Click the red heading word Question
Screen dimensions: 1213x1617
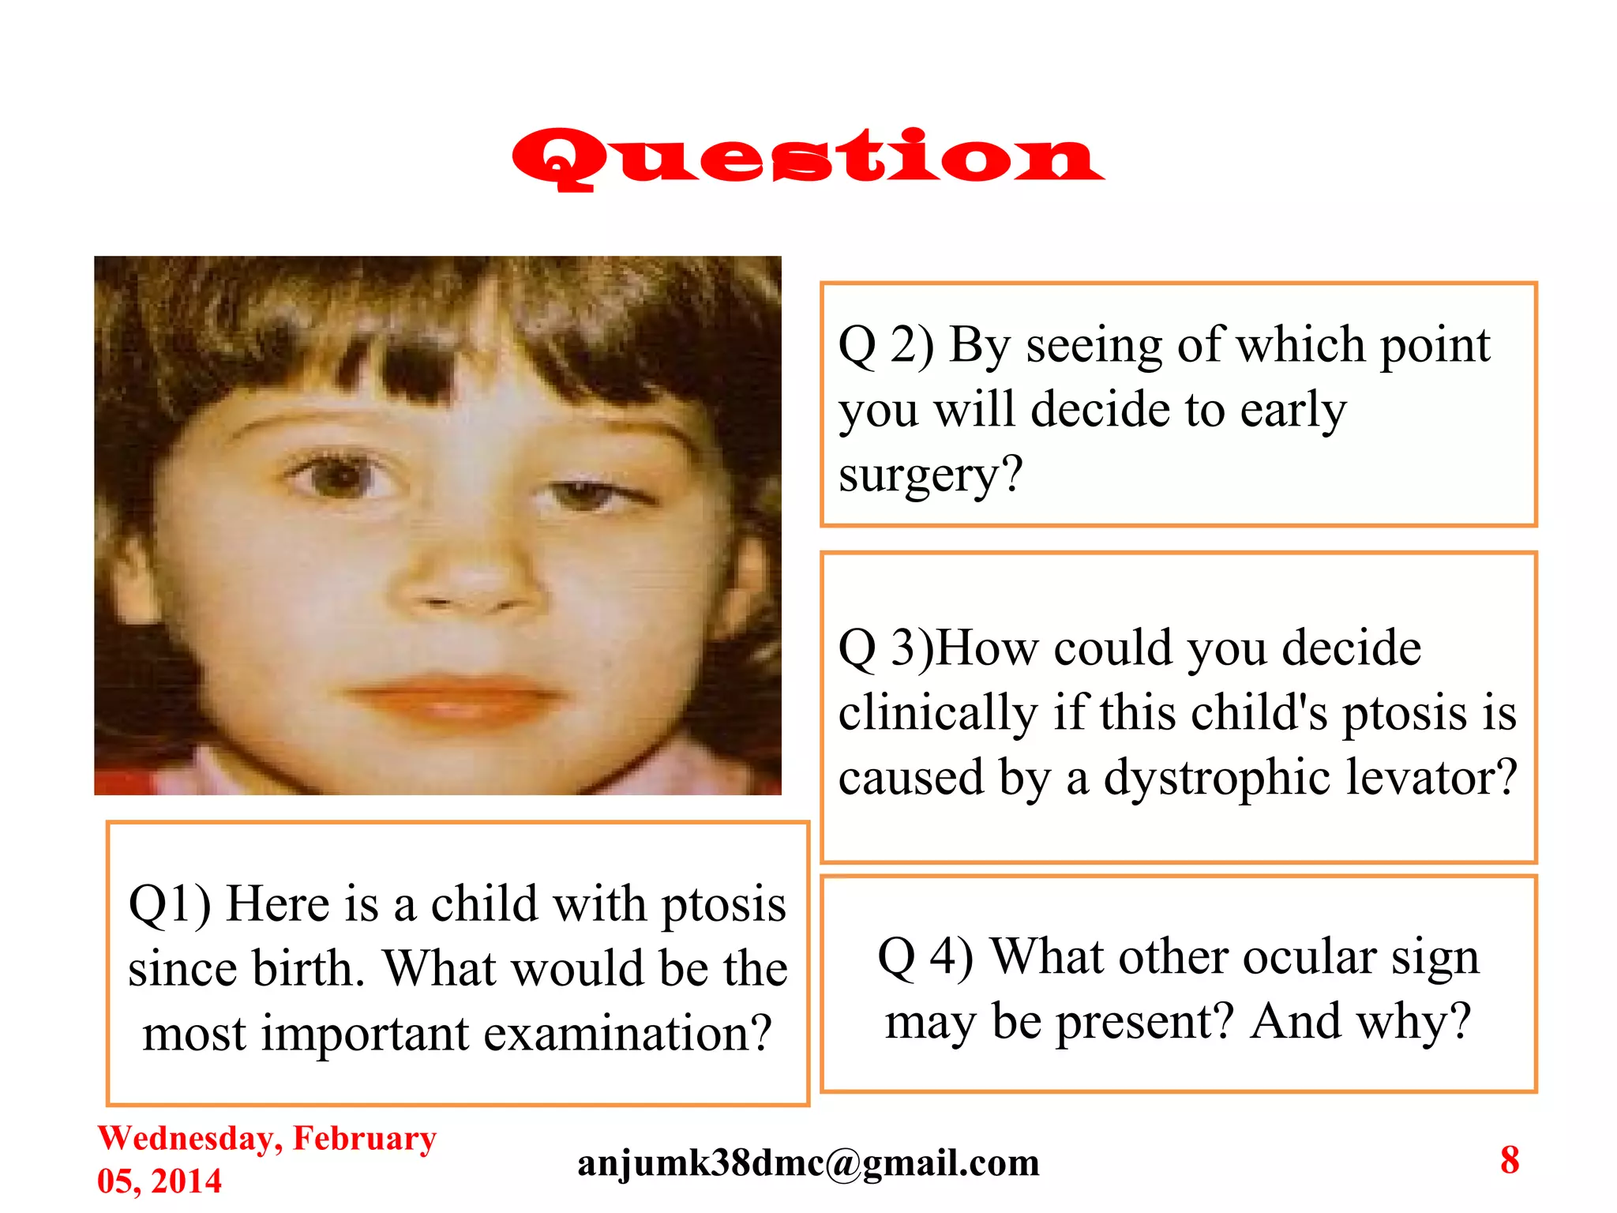click(x=807, y=158)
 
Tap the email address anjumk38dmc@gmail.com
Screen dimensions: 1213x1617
click(x=808, y=1162)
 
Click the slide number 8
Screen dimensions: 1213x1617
click(x=1510, y=1160)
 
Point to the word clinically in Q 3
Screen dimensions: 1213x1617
click(x=938, y=713)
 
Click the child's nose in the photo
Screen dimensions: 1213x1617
click(x=466, y=584)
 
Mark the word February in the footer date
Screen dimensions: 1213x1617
click(x=365, y=1139)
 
